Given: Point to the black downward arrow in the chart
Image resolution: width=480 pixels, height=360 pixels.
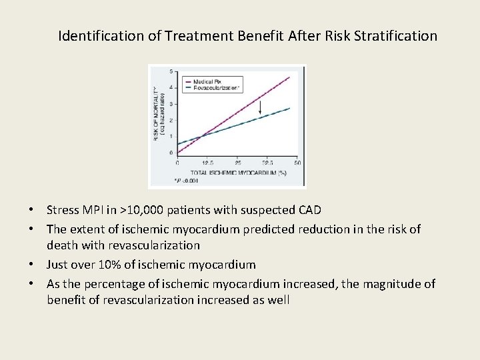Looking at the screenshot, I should pos(260,107).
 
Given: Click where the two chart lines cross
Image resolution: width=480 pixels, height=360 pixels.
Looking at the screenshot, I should pos(201,136).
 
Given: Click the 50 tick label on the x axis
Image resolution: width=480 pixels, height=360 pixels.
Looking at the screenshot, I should pos(297,163).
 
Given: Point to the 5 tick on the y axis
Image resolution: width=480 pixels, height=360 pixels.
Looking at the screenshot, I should pos(172,71).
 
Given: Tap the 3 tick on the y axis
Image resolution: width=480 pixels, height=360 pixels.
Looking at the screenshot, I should pos(172,104).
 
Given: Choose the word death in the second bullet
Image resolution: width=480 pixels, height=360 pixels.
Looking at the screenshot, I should pos(63,245).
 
